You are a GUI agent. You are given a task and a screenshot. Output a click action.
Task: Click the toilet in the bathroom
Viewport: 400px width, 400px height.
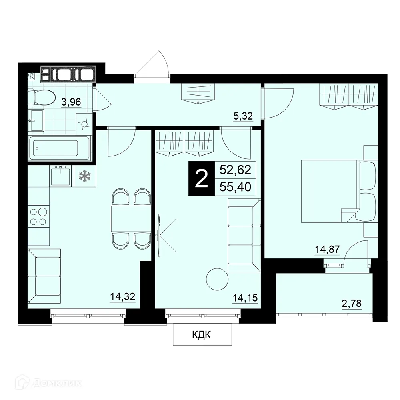coord(41,97)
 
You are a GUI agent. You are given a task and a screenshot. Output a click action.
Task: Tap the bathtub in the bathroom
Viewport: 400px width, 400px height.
coord(60,148)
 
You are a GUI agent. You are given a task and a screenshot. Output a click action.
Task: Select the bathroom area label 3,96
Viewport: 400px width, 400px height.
coord(71,102)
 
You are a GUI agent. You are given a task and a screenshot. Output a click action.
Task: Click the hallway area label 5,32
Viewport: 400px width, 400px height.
coord(243,116)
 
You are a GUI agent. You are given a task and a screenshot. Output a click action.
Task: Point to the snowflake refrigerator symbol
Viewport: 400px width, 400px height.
coord(84,176)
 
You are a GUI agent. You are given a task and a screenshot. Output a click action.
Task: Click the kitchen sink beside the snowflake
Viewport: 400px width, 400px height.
coord(61,176)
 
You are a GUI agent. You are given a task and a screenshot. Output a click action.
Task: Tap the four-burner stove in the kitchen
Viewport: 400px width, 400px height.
coord(38,216)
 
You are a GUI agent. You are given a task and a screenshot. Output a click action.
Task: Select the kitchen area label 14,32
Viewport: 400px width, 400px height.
coord(122,296)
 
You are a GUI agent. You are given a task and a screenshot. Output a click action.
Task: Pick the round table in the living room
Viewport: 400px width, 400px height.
coord(217,279)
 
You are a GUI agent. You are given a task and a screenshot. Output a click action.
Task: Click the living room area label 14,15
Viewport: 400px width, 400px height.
coord(245,298)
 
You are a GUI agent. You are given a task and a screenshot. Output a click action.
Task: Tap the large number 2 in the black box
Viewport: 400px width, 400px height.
coord(202,179)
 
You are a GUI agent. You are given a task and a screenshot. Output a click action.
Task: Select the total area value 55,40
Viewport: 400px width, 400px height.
coord(235,187)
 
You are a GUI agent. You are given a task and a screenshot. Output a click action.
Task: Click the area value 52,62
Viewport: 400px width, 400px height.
coord(235,170)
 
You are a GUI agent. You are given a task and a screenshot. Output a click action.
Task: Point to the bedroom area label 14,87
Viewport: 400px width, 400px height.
coord(327,249)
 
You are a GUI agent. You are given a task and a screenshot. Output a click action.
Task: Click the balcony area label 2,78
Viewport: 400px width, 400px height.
coord(352,304)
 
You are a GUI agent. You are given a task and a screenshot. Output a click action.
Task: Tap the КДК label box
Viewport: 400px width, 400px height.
coord(202,334)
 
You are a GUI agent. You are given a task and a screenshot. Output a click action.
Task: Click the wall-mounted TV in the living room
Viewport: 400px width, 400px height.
coord(159,235)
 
